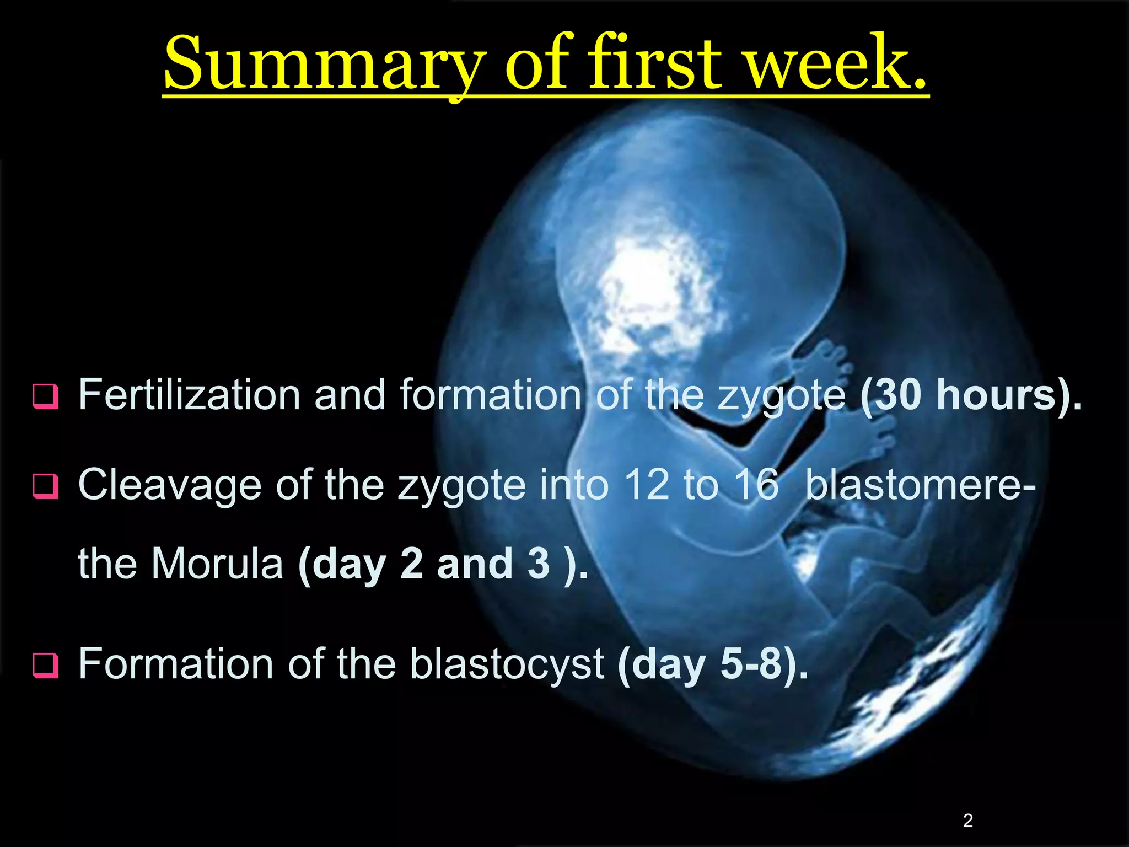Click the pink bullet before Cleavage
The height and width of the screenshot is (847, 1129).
(x=45, y=486)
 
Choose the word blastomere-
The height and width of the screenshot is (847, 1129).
(x=920, y=485)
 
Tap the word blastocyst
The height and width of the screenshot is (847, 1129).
(x=507, y=664)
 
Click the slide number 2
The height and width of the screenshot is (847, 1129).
(x=967, y=821)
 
